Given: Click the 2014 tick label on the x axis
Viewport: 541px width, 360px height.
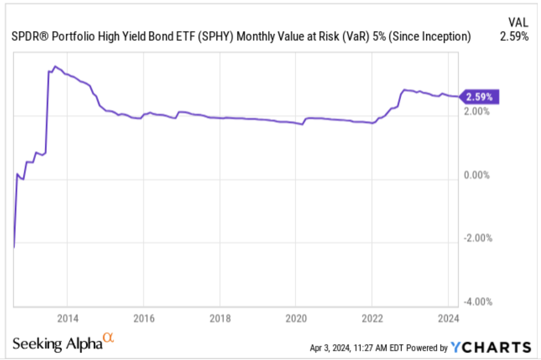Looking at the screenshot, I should pyautogui.click(x=67, y=318).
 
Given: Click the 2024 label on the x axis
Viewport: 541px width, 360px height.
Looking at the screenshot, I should pyautogui.click(x=448, y=318).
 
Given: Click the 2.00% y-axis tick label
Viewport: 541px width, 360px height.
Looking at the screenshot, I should pyautogui.click(x=477, y=112).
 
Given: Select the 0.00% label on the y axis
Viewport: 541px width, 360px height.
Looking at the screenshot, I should pyautogui.click(x=477, y=175).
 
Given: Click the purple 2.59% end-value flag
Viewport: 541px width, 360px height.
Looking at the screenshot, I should pyautogui.click(x=480, y=97).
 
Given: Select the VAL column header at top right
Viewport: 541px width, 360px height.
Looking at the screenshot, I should pyautogui.click(x=517, y=22).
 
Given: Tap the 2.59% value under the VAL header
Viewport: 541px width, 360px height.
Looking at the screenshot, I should pyautogui.click(x=514, y=37).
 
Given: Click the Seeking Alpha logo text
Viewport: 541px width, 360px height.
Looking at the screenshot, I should pyautogui.click(x=57, y=344).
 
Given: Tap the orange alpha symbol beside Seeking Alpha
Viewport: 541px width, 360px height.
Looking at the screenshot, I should pyautogui.click(x=109, y=339).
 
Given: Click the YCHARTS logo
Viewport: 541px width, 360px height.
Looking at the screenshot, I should pyautogui.click(x=491, y=347).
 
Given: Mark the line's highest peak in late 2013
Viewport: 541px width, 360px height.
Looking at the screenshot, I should pyautogui.click(x=55, y=67).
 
